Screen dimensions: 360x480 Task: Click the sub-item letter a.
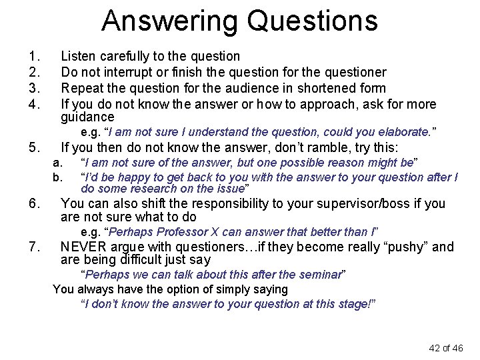point(57,163)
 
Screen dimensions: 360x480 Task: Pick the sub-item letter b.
point(57,177)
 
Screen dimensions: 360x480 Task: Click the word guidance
point(87,117)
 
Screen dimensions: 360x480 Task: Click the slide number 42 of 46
point(445,348)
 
